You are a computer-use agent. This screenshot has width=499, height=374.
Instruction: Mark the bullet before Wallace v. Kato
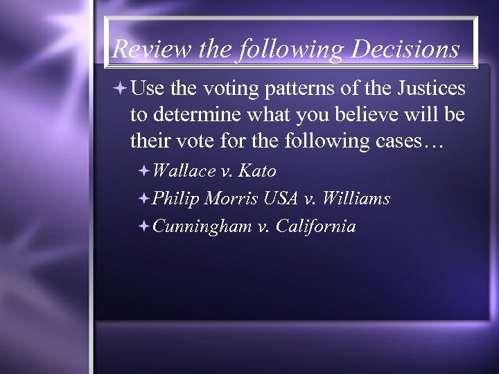143,171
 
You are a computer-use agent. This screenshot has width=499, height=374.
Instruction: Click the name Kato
257,171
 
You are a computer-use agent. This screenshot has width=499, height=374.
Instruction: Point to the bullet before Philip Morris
143,199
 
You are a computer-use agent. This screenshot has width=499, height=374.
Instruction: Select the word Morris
232,199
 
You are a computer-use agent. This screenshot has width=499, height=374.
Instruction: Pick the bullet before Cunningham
143,226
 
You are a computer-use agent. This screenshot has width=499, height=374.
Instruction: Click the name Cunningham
202,227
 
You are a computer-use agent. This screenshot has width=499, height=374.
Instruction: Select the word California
315,226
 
